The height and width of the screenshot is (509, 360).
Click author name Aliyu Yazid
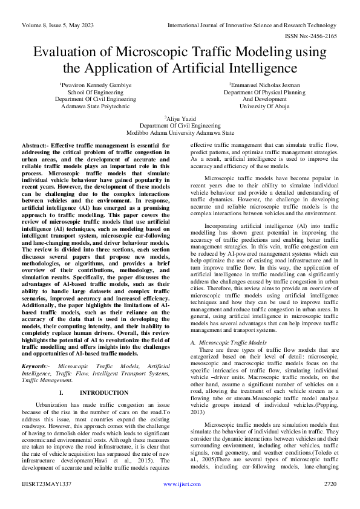180,118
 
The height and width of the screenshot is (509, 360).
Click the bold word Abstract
34,146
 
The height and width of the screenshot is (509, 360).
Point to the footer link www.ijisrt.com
179,501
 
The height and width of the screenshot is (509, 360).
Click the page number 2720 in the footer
329,501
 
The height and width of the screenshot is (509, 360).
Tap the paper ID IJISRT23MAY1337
46,501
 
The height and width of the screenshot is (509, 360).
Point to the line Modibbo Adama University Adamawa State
180,132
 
